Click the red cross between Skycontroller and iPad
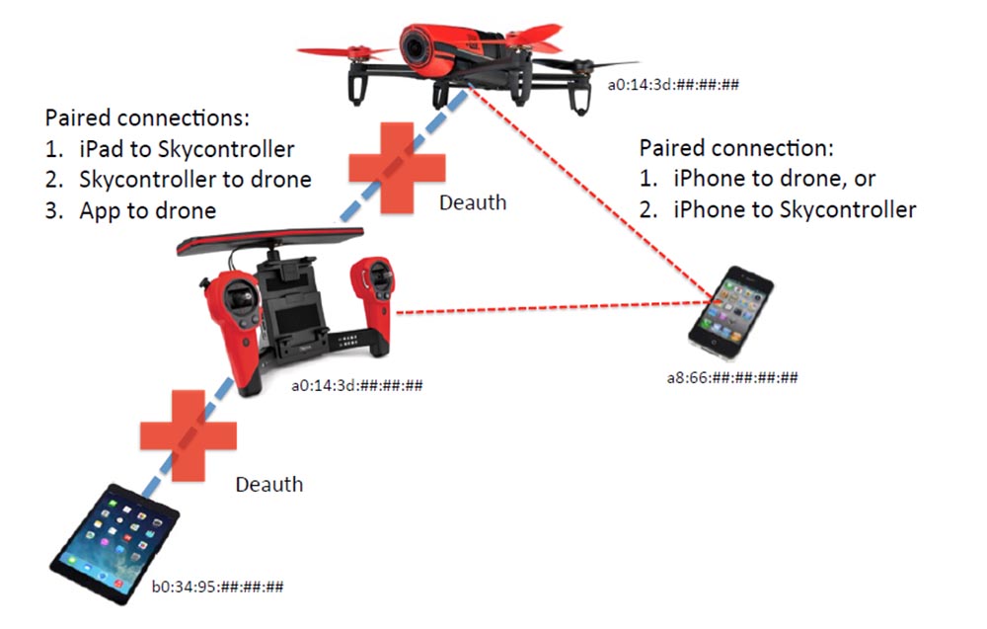(x=188, y=435)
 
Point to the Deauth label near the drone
(x=472, y=202)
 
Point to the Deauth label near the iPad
(x=268, y=484)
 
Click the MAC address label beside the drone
(x=674, y=85)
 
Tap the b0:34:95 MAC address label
(x=217, y=587)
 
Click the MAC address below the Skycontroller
(x=356, y=385)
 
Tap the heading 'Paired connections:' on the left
(x=147, y=118)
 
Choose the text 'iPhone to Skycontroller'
(x=795, y=209)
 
